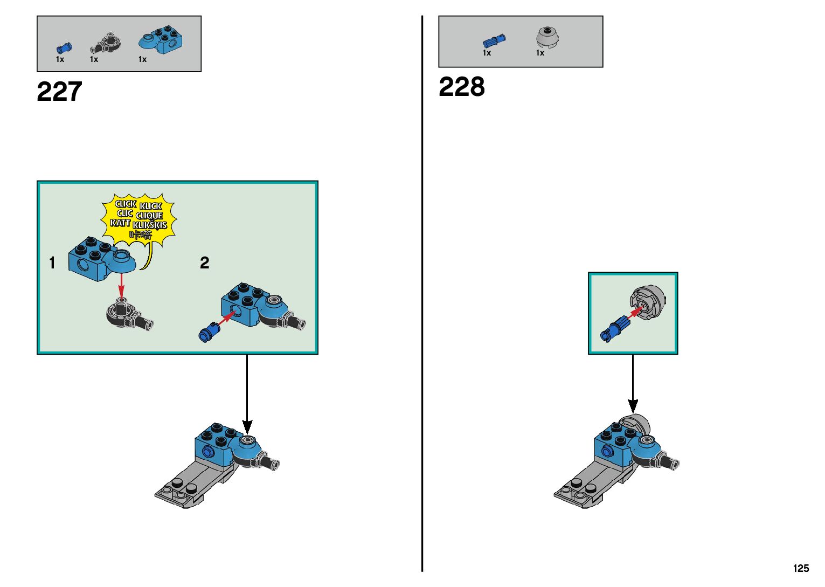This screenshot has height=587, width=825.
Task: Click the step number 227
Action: pyautogui.click(x=59, y=92)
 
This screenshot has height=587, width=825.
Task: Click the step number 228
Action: pyautogui.click(x=461, y=87)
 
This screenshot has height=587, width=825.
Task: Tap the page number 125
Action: pyautogui.click(x=801, y=568)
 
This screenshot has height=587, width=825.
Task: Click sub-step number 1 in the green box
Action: pyautogui.click(x=52, y=263)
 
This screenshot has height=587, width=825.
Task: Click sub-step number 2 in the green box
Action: pyautogui.click(x=204, y=263)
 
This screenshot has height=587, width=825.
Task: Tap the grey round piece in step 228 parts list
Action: pyautogui.click(x=547, y=37)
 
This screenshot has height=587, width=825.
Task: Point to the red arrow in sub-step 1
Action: pyautogui.click(x=122, y=284)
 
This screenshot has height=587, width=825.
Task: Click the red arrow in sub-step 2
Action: pyautogui.click(x=226, y=319)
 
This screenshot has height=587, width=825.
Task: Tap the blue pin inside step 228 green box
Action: pyautogui.click(x=615, y=328)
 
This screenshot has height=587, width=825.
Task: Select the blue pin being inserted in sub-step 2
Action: pyautogui.click(x=209, y=332)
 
